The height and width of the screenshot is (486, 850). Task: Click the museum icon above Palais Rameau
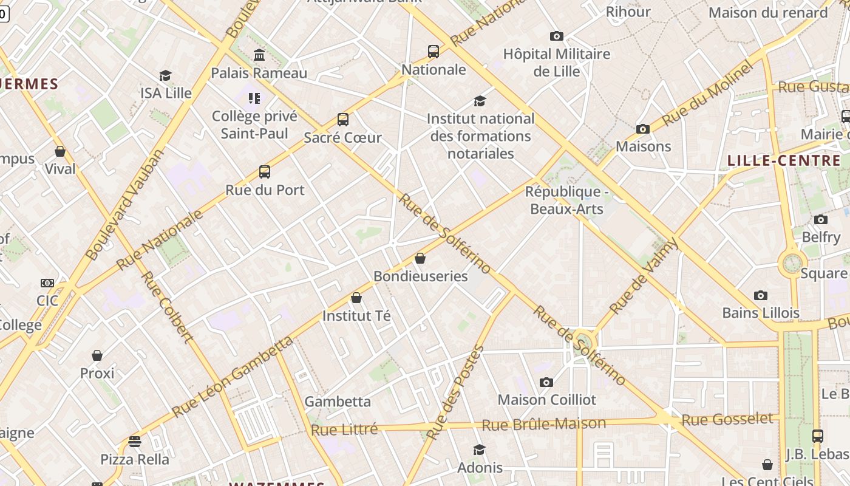point(259,55)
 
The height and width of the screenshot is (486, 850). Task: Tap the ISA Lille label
point(166,93)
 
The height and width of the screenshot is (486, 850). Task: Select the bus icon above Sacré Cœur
point(343,120)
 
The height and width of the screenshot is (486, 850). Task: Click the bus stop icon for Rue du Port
point(265,172)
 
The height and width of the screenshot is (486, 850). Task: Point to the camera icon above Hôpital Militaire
point(556,36)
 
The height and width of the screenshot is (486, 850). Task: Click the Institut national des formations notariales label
point(480,136)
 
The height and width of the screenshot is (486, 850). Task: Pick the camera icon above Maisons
point(642,129)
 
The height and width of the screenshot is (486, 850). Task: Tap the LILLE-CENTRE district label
point(784,161)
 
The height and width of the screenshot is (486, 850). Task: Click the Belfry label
point(821,237)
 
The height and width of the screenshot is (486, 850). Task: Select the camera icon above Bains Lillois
point(760,296)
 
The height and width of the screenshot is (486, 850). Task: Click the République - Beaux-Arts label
point(566,200)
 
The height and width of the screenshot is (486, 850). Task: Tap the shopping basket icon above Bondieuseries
point(420,259)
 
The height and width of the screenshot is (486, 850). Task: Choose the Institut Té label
point(356,316)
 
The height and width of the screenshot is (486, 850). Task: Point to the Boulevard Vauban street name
point(125,204)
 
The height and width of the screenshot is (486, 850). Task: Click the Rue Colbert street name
point(166,307)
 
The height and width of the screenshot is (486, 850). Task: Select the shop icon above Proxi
point(97,355)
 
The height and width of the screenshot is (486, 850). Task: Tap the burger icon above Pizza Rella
point(135,442)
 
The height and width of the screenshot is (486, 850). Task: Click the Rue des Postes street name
point(455,392)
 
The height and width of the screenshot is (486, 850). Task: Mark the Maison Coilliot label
point(546,400)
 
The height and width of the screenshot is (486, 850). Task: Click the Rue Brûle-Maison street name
point(543,424)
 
